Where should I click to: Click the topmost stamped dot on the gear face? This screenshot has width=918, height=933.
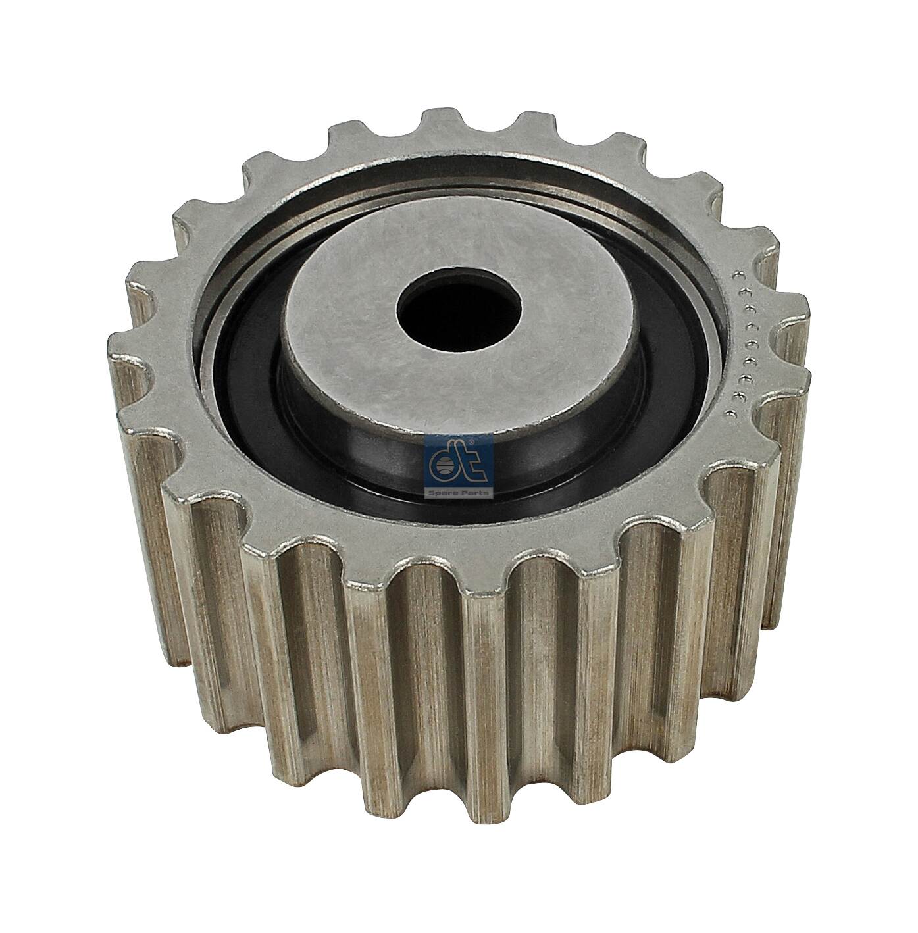(737, 274)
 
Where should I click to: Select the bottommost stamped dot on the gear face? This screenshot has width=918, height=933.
(729, 413)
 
